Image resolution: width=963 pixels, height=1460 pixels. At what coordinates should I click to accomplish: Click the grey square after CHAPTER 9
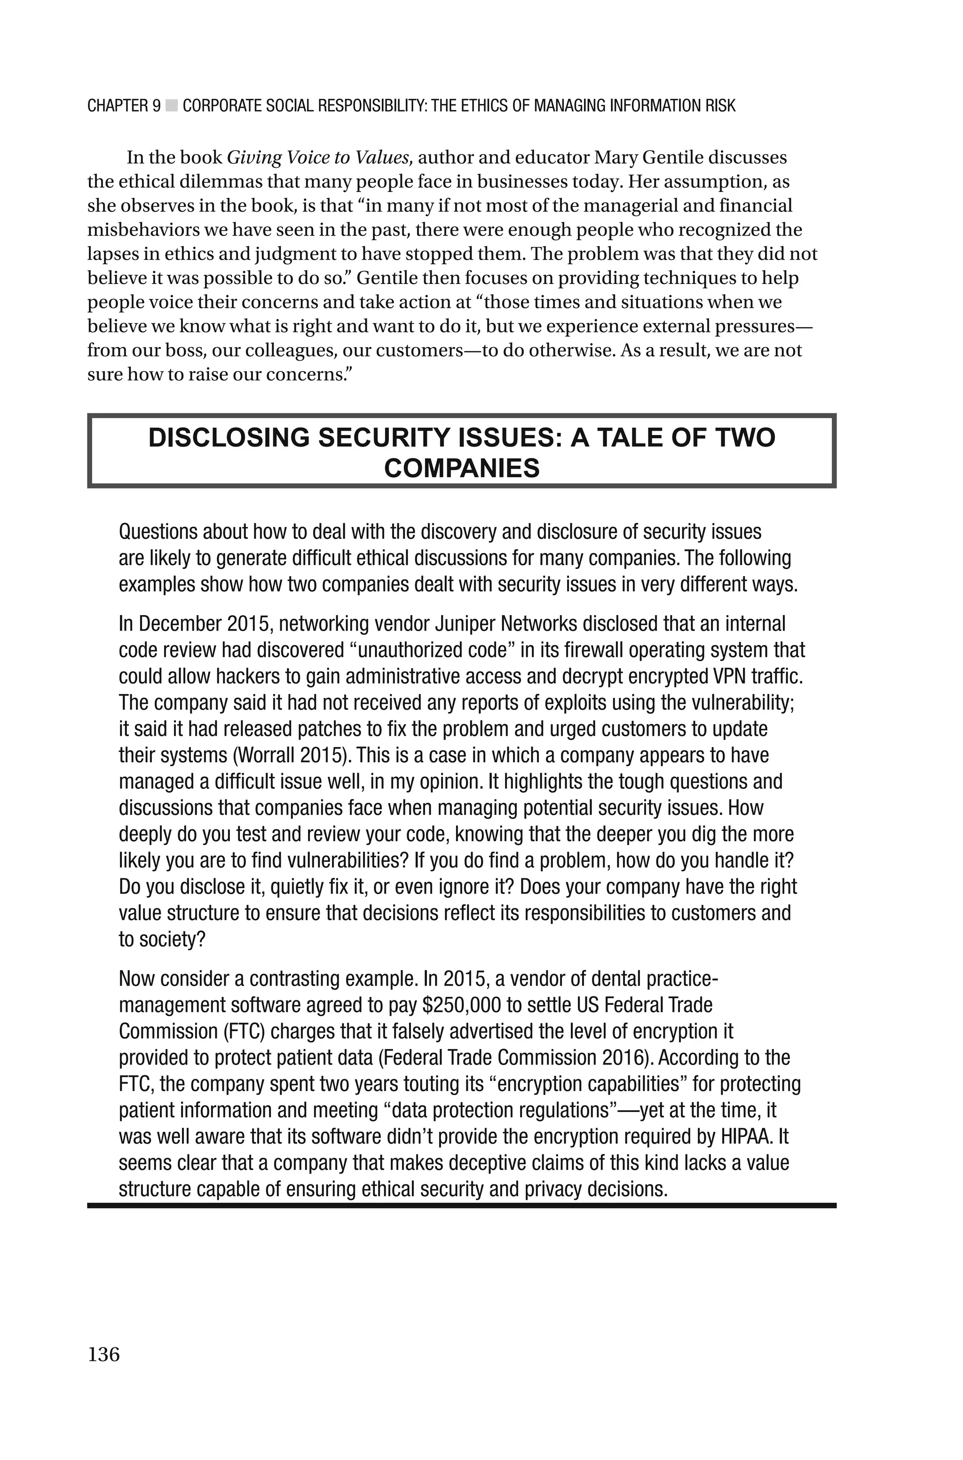[172, 106]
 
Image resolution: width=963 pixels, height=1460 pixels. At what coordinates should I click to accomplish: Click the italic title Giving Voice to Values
[318, 158]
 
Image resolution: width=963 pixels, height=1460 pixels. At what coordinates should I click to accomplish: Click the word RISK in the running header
[720, 106]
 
